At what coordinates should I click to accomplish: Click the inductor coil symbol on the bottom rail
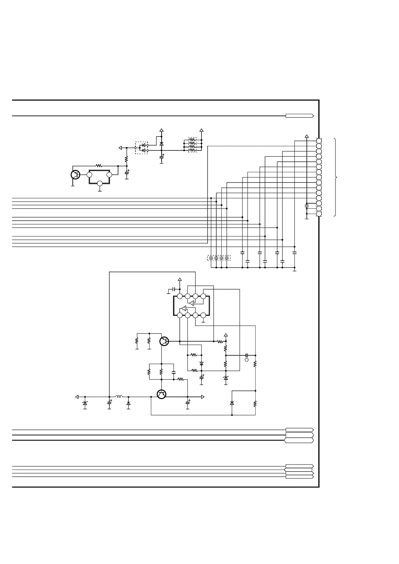pos(119,397)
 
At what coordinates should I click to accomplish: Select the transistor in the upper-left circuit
pos(75,174)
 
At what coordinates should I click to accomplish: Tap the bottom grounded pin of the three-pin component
pos(100,184)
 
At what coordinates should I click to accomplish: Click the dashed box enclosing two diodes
pos(141,148)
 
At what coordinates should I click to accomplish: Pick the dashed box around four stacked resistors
pos(192,145)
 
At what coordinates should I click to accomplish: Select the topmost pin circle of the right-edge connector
pos(319,141)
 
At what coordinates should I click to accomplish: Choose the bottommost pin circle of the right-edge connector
pos(319,214)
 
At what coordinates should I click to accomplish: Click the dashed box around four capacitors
pos(219,258)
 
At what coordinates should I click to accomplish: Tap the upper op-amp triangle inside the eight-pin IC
pos(191,303)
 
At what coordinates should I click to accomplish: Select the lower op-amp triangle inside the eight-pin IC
pos(183,308)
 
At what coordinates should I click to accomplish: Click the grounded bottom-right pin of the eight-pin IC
pos(203,315)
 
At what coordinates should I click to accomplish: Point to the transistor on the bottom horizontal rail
pos(161,394)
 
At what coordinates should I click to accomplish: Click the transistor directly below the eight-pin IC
pos(164,341)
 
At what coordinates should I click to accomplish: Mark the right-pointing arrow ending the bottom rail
pos(203,397)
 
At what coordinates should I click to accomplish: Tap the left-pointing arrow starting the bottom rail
pos(77,397)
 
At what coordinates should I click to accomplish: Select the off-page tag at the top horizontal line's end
pos(299,116)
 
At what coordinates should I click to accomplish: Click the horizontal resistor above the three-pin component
pos(98,166)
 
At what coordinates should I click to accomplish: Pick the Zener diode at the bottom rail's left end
pos(85,403)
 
